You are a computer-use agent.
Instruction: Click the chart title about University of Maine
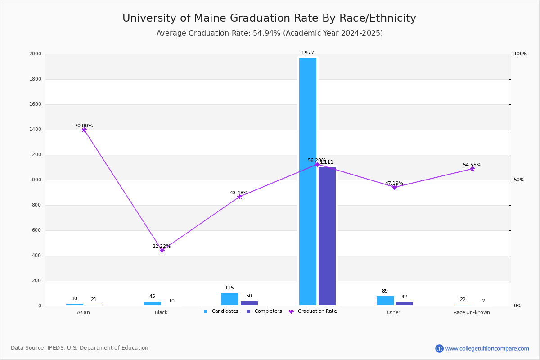click(x=269, y=18)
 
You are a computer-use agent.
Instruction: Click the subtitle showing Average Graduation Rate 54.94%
click(x=270, y=33)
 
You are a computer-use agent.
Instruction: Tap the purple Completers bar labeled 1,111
click(x=327, y=236)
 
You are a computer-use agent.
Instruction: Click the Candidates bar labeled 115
click(x=230, y=299)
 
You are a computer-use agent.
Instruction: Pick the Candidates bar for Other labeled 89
click(x=385, y=301)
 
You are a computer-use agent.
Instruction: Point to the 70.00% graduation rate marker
click(x=84, y=130)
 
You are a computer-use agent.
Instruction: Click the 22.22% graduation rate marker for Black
click(x=162, y=250)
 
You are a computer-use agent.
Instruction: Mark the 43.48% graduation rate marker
click(x=239, y=197)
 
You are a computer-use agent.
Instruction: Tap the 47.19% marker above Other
click(x=395, y=187)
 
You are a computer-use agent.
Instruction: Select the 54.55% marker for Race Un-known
click(x=472, y=169)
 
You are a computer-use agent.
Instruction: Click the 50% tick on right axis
click(x=519, y=180)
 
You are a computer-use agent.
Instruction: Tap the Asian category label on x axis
click(x=83, y=312)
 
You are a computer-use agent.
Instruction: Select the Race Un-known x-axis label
click(x=472, y=312)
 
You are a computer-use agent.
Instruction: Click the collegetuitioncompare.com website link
click(x=487, y=348)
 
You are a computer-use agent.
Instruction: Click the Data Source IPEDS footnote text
click(x=80, y=348)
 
